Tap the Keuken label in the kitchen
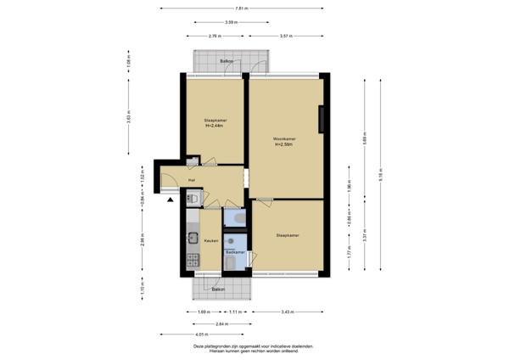(x=211, y=241)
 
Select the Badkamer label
(x=236, y=252)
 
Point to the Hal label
(x=193, y=181)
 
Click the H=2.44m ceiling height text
(x=214, y=126)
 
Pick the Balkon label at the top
(x=227, y=62)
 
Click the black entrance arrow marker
(x=171, y=200)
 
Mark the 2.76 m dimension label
(x=214, y=37)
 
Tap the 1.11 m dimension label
(x=236, y=312)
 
